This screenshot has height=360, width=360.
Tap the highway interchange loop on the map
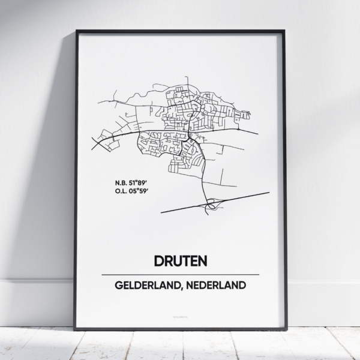[x=211, y=206]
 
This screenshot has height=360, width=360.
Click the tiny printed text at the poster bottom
[x=179, y=316]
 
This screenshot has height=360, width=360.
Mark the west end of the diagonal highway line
[x=162, y=211]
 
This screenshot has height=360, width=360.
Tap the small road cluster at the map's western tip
[x=105, y=136]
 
